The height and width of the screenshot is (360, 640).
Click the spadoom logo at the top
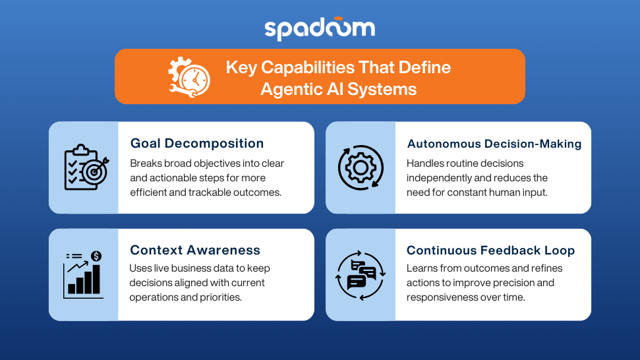(x=320, y=28)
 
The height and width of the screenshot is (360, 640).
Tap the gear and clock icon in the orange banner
(x=189, y=77)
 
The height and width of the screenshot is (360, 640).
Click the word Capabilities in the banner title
(x=308, y=67)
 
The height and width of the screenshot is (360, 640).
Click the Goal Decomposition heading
(x=196, y=143)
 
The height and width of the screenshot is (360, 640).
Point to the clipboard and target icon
(x=86, y=167)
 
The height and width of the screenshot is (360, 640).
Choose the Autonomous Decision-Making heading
(x=494, y=144)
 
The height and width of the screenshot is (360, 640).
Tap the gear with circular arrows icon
(x=361, y=167)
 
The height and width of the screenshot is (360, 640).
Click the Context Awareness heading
(x=195, y=250)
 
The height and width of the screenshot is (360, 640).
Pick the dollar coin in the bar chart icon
(x=96, y=256)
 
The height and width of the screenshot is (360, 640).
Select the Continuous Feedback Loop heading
(x=490, y=250)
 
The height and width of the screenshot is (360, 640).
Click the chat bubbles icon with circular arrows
(x=361, y=275)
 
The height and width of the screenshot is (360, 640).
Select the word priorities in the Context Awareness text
(x=221, y=297)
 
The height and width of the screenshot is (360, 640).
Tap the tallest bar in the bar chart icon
(x=96, y=280)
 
